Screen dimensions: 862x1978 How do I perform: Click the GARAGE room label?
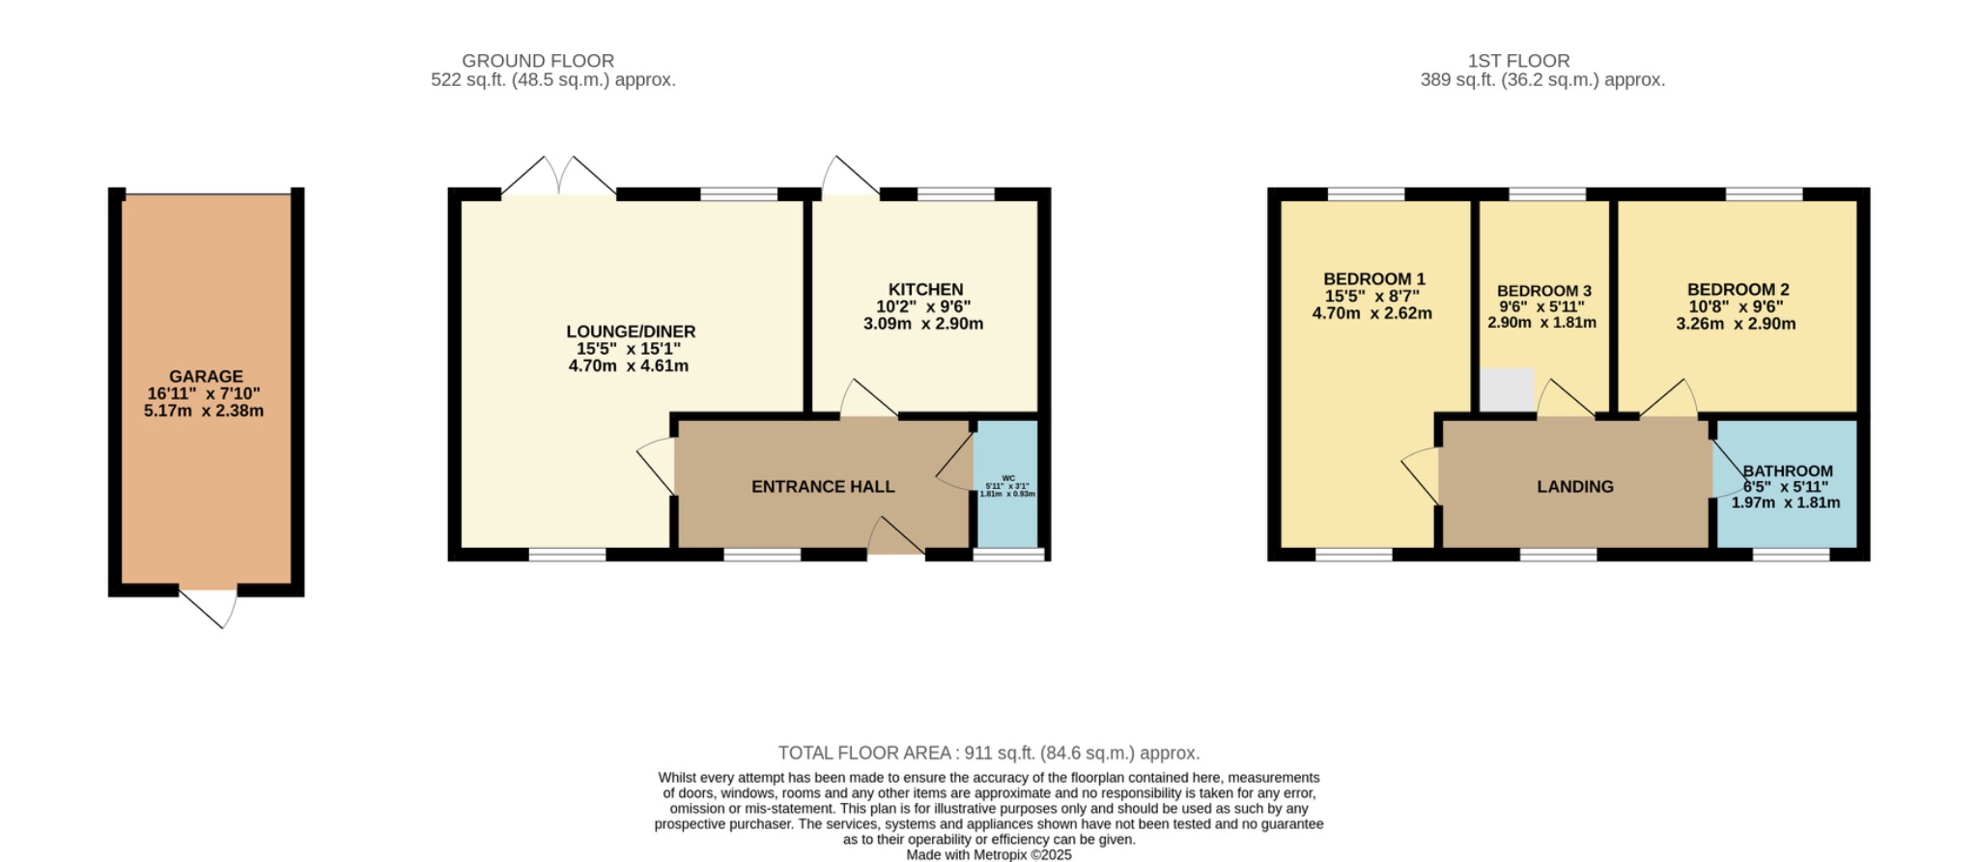tap(206, 377)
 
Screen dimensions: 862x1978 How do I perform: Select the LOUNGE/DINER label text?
tap(630, 331)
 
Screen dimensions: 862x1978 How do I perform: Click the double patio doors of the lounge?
tap(559, 177)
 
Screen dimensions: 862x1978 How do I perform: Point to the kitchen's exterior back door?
tap(848, 178)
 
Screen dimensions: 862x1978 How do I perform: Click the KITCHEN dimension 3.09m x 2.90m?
tap(923, 324)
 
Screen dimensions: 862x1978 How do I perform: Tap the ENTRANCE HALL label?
tap(823, 487)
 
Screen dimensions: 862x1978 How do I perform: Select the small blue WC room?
tap(1006, 483)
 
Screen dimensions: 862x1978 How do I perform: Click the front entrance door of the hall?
tap(895, 535)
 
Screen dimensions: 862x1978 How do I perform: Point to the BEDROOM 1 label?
tap(1373, 279)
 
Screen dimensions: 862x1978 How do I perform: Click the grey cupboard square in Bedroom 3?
tap(1507, 389)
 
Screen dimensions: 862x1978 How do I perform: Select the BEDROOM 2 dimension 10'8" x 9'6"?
tap(1736, 306)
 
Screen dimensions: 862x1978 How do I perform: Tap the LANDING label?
tap(1575, 487)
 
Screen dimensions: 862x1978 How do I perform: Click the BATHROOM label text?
tap(1788, 472)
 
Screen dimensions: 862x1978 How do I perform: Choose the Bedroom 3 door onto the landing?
tap(1565, 398)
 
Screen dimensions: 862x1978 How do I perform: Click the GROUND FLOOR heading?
tap(538, 61)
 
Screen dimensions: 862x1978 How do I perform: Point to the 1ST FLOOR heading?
tap(1518, 61)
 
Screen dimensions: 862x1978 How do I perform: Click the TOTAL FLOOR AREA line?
tap(989, 753)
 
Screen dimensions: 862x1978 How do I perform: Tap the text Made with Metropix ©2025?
tap(989, 855)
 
